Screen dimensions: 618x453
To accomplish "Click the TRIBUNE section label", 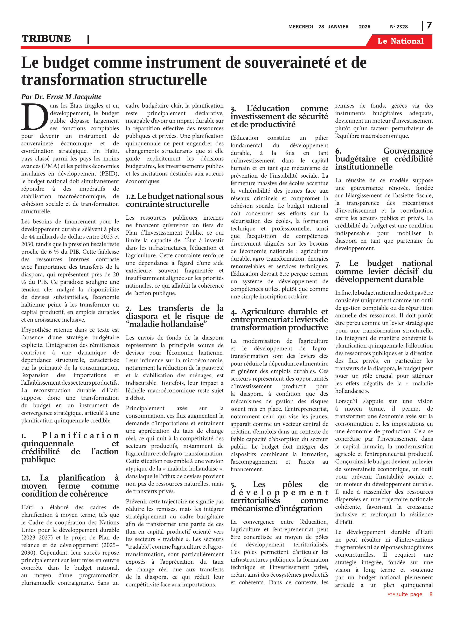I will (x=46, y=39).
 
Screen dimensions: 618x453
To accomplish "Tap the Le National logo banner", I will (x=400, y=41).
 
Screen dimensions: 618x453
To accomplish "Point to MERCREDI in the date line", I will (x=301, y=27).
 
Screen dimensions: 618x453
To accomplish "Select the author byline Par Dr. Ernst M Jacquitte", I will (x=61, y=97).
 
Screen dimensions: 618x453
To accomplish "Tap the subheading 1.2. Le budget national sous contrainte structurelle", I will (x=175, y=200).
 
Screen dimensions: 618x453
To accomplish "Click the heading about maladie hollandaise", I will (x=175, y=316).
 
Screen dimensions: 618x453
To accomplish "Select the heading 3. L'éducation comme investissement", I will (x=279, y=116).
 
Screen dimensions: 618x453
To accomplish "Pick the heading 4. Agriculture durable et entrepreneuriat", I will (x=279, y=319).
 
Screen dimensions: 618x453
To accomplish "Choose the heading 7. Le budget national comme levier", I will (x=384, y=271).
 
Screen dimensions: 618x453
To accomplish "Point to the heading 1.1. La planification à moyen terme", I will (x=70, y=486).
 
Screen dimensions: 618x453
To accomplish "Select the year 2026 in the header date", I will (x=364, y=27).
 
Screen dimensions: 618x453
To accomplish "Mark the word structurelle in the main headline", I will (x=168, y=80).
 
